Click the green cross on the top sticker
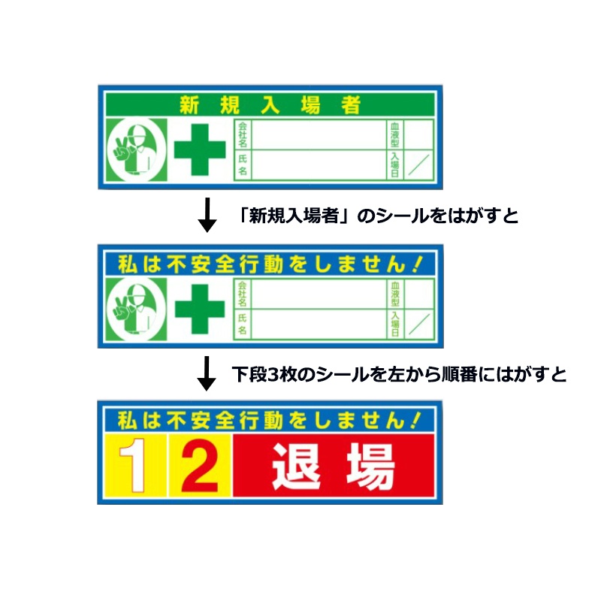click(200, 149)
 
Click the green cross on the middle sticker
click(200, 309)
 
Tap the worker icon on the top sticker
click(137, 149)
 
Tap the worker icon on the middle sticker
click(137, 309)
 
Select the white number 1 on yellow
click(133, 465)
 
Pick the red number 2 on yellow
click(200, 465)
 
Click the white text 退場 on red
click(333, 466)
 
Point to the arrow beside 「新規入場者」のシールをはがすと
click(207, 215)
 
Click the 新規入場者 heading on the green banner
click(270, 104)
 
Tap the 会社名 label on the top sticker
click(243, 134)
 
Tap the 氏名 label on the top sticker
click(243, 165)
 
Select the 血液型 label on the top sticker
click(395, 134)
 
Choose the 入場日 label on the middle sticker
click(395, 324)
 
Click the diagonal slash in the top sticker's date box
click(418, 165)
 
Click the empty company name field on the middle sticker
click(319, 294)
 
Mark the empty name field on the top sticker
click(319, 165)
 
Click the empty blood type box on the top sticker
click(419, 134)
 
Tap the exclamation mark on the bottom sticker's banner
click(416, 421)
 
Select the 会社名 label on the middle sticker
click(242, 294)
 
